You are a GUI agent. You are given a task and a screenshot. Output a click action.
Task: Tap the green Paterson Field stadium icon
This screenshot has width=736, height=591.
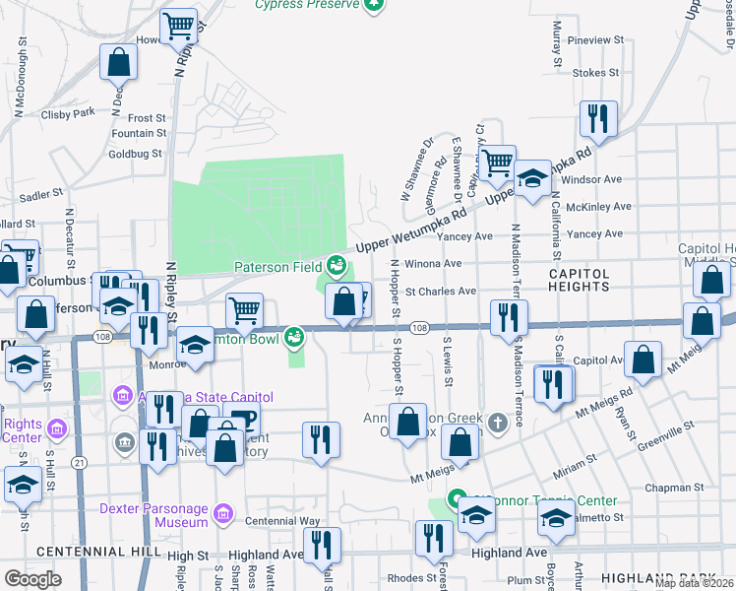click(337, 265)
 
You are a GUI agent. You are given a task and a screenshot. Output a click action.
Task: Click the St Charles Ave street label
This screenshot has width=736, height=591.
click(441, 292)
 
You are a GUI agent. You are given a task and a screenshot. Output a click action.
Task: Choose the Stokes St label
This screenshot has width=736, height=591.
click(595, 72)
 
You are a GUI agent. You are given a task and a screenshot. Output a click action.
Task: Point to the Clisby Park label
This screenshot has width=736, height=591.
click(68, 113)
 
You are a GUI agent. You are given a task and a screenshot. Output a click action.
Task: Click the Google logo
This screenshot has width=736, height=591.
click(32, 578)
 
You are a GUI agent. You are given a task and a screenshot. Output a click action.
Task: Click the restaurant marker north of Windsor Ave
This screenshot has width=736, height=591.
click(597, 120)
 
